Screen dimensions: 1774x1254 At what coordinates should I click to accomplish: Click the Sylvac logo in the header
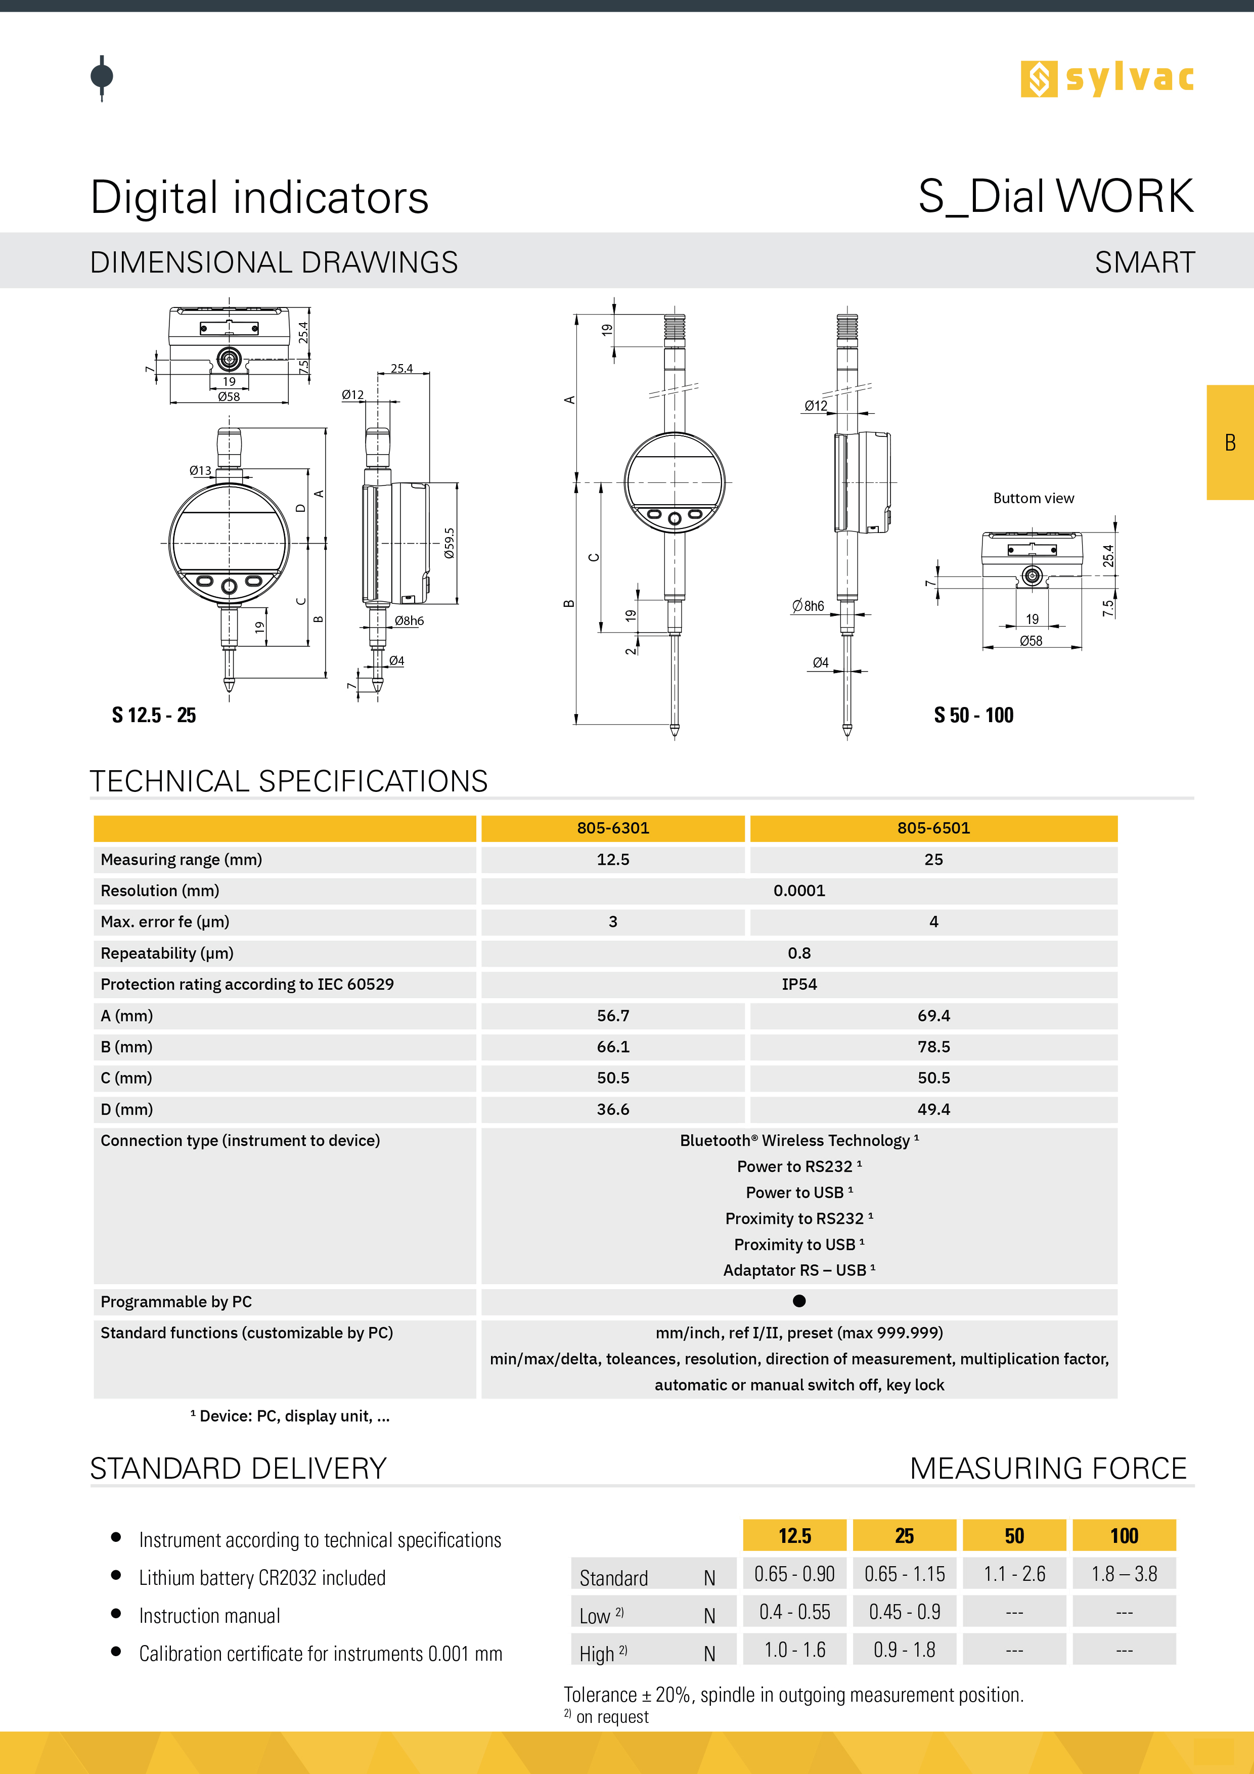click(x=1106, y=79)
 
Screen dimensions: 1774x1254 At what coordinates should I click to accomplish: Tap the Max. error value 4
click(x=933, y=922)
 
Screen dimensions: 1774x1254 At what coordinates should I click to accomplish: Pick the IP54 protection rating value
click(x=799, y=985)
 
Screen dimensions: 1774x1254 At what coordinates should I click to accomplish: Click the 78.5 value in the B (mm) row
click(x=933, y=1047)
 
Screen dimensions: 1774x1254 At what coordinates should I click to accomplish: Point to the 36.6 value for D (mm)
click(x=613, y=1110)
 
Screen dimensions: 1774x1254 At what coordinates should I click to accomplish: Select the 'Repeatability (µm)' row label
click(x=167, y=953)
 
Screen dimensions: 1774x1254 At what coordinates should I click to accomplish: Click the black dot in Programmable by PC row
click(x=799, y=1301)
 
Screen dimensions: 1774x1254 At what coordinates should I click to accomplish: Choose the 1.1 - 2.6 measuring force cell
click(x=1014, y=1574)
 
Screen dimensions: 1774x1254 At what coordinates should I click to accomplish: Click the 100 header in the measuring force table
click(x=1124, y=1536)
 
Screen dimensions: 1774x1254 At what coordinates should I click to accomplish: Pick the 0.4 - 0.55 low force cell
click(x=794, y=1612)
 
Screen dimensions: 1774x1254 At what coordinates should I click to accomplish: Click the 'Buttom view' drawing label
click(x=1033, y=498)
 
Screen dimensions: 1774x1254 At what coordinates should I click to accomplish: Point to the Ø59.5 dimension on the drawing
click(x=450, y=543)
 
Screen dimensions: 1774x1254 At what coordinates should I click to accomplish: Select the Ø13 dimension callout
click(x=200, y=470)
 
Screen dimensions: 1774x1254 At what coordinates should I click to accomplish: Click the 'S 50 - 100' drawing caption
click(x=973, y=716)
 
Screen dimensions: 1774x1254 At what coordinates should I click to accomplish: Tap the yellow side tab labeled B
click(x=1230, y=442)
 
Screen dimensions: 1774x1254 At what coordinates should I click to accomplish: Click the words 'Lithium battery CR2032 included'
click(x=262, y=1578)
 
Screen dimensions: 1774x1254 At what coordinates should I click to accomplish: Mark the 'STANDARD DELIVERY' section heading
click(x=238, y=1468)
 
